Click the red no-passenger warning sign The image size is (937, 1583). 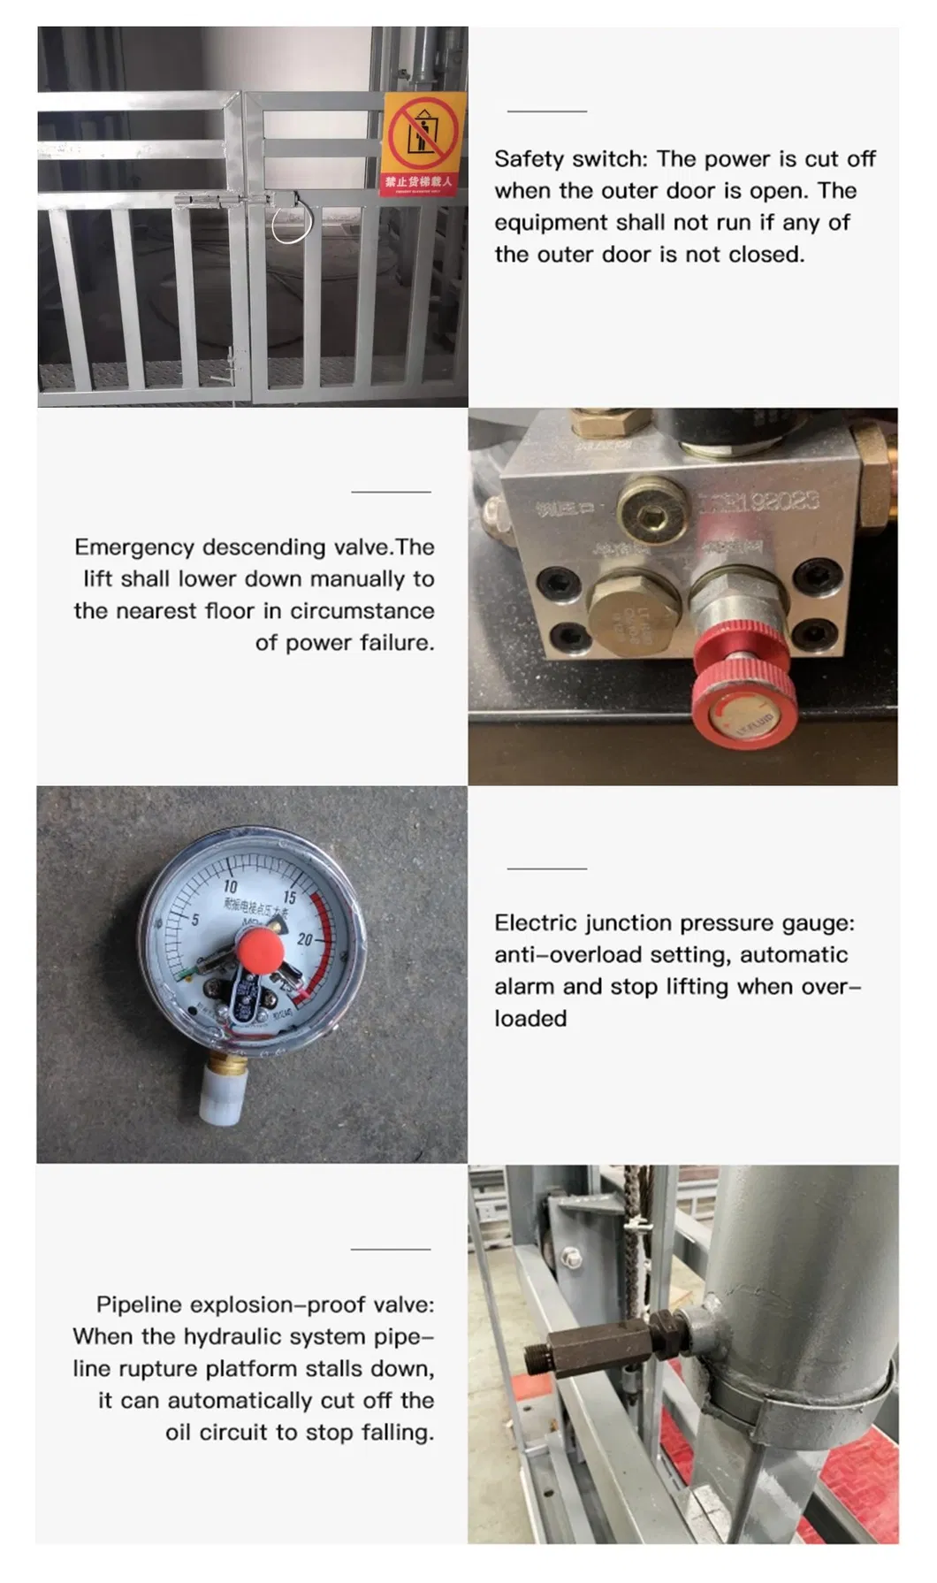(x=423, y=143)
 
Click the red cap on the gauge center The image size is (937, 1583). (x=261, y=950)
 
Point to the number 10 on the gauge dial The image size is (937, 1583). (x=230, y=886)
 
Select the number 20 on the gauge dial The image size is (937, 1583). (x=305, y=939)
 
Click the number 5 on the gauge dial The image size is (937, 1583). (x=195, y=919)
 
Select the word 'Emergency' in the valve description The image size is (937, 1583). (x=134, y=547)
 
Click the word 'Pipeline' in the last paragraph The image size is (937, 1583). (x=140, y=1304)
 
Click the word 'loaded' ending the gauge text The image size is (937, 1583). (x=530, y=1019)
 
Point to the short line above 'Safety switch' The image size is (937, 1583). (x=546, y=111)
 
